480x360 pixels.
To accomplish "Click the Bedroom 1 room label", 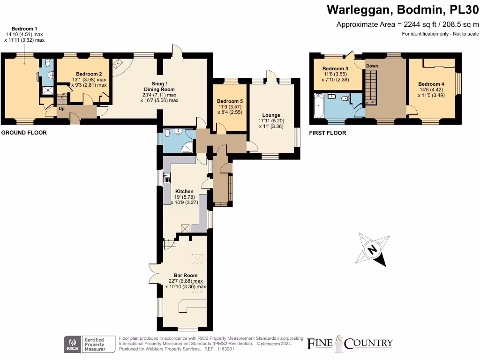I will [x=25, y=29].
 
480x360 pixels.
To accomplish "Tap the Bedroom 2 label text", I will [x=89, y=74].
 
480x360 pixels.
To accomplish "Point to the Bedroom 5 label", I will [x=230, y=101].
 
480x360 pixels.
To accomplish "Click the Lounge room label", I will [x=271, y=115].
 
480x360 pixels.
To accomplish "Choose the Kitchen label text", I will [x=184, y=191].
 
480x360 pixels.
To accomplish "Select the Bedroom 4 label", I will [x=431, y=84].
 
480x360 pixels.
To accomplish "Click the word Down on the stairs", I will [x=372, y=66].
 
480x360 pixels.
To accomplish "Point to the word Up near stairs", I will [x=61, y=109].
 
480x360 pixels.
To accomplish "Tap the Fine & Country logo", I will [x=350, y=343].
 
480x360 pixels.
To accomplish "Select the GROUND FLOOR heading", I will [x=24, y=133].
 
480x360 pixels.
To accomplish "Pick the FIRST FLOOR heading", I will [x=328, y=133].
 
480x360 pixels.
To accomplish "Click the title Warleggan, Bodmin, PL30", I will [x=402, y=9].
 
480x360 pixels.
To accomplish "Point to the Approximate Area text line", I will [x=408, y=25].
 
